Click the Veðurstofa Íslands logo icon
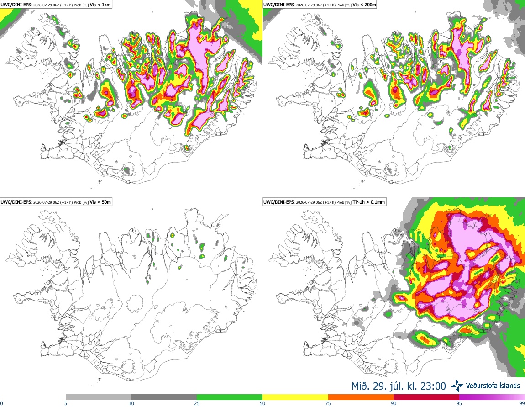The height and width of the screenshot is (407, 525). (x=457, y=386)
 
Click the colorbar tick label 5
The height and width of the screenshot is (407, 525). (x=66, y=403)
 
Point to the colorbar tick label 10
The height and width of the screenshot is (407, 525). (x=131, y=403)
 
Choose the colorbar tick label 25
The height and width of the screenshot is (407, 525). (x=197, y=403)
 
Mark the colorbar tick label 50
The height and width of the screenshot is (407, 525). (x=262, y=403)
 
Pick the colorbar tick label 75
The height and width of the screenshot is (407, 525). (x=328, y=403)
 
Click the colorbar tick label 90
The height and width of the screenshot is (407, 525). (x=394, y=403)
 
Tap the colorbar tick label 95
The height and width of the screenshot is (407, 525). (x=459, y=403)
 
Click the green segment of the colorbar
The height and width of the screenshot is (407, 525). (x=230, y=397)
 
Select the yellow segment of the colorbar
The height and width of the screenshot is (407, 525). (x=295, y=397)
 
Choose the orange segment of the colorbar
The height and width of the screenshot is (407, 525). (x=361, y=397)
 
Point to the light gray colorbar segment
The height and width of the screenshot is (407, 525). (x=99, y=397)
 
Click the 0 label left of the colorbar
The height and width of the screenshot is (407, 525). (x=1, y=403)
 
